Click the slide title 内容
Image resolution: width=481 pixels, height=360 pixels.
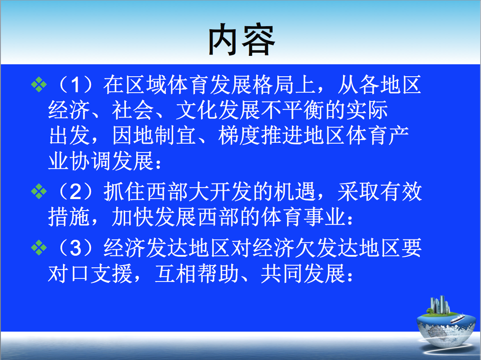coord(241,40)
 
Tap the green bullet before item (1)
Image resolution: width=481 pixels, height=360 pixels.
coord(39,84)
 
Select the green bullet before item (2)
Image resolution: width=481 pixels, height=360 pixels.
coord(39,192)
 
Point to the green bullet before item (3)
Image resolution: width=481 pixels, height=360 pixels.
coord(39,248)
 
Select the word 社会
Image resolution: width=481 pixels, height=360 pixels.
coord(133,110)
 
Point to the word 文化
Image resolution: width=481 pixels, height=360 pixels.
coord(197,110)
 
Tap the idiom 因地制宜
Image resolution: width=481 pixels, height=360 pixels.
coord(154,136)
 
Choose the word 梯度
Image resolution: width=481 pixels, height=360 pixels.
coord(239,136)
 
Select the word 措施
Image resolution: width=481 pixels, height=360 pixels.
coord(69,217)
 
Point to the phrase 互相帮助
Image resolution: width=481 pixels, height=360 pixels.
coord(197,274)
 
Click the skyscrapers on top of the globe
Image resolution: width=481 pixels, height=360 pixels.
coord(440,305)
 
